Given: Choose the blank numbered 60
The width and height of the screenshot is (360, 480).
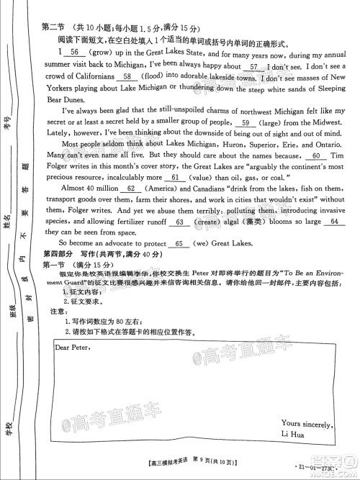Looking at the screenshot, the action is point(316,155).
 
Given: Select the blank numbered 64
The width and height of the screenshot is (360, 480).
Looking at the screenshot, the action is point(332,222).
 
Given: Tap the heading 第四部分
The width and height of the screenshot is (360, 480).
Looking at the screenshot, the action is point(56,255).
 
